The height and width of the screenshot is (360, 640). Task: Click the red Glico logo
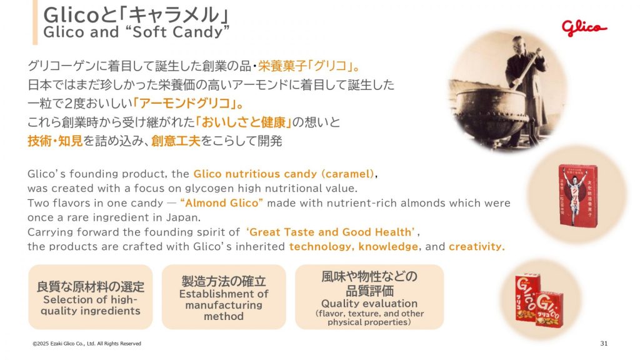point(584,27)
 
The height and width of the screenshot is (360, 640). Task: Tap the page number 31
point(604,343)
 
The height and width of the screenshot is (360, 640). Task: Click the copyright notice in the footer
point(87,344)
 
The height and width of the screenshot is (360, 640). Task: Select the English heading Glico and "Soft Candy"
point(136,32)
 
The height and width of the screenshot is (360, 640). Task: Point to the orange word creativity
point(476,246)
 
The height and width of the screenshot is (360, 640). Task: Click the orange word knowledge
point(388,246)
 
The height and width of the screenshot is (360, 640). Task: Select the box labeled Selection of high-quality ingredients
point(90,297)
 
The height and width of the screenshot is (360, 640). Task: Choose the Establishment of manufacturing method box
point(224,297)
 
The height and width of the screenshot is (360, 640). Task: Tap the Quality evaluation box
point(369,297)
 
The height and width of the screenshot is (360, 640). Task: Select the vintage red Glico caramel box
point(577,196)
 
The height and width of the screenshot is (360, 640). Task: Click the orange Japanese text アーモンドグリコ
point(186,103)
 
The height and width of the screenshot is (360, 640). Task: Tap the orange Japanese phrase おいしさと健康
point(243,122)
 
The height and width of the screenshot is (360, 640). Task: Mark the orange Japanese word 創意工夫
point(176,141)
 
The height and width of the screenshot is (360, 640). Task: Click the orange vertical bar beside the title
point(35,22)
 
